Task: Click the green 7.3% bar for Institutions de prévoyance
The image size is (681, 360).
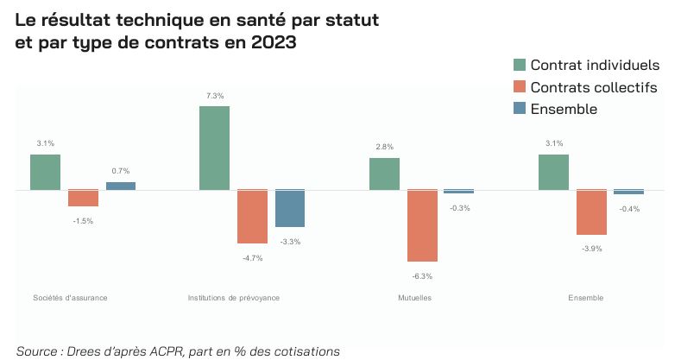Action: tap(214, 148)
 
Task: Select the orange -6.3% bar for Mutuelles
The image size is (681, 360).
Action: tap(422, 225)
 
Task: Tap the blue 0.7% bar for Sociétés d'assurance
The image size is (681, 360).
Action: tap(121, 186)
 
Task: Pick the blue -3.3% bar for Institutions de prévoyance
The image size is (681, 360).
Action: tap(290, 208)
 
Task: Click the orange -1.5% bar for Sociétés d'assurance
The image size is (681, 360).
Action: tap(83, 198)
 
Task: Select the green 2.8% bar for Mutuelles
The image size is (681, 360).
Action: tap(384, 174)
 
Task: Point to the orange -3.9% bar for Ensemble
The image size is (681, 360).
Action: tap(591, 212)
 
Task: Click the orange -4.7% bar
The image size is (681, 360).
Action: tap(252, 217)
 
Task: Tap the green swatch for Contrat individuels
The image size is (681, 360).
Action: tap(520, 66)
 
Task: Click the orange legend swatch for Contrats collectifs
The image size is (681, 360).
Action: tap(520, 87)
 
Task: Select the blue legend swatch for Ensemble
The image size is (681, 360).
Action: tap(520, 109)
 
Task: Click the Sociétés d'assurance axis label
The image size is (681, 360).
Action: tap(71, 298)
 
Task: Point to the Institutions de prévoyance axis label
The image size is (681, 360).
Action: tap(234, 298)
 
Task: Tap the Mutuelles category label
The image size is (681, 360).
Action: tap(415, 298)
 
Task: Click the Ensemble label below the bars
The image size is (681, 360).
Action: tap(586, 298)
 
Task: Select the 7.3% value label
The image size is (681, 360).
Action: tap(214, 96)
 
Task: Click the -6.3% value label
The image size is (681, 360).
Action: tap(422, 276)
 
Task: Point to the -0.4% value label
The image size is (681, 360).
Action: tap(629, 209)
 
